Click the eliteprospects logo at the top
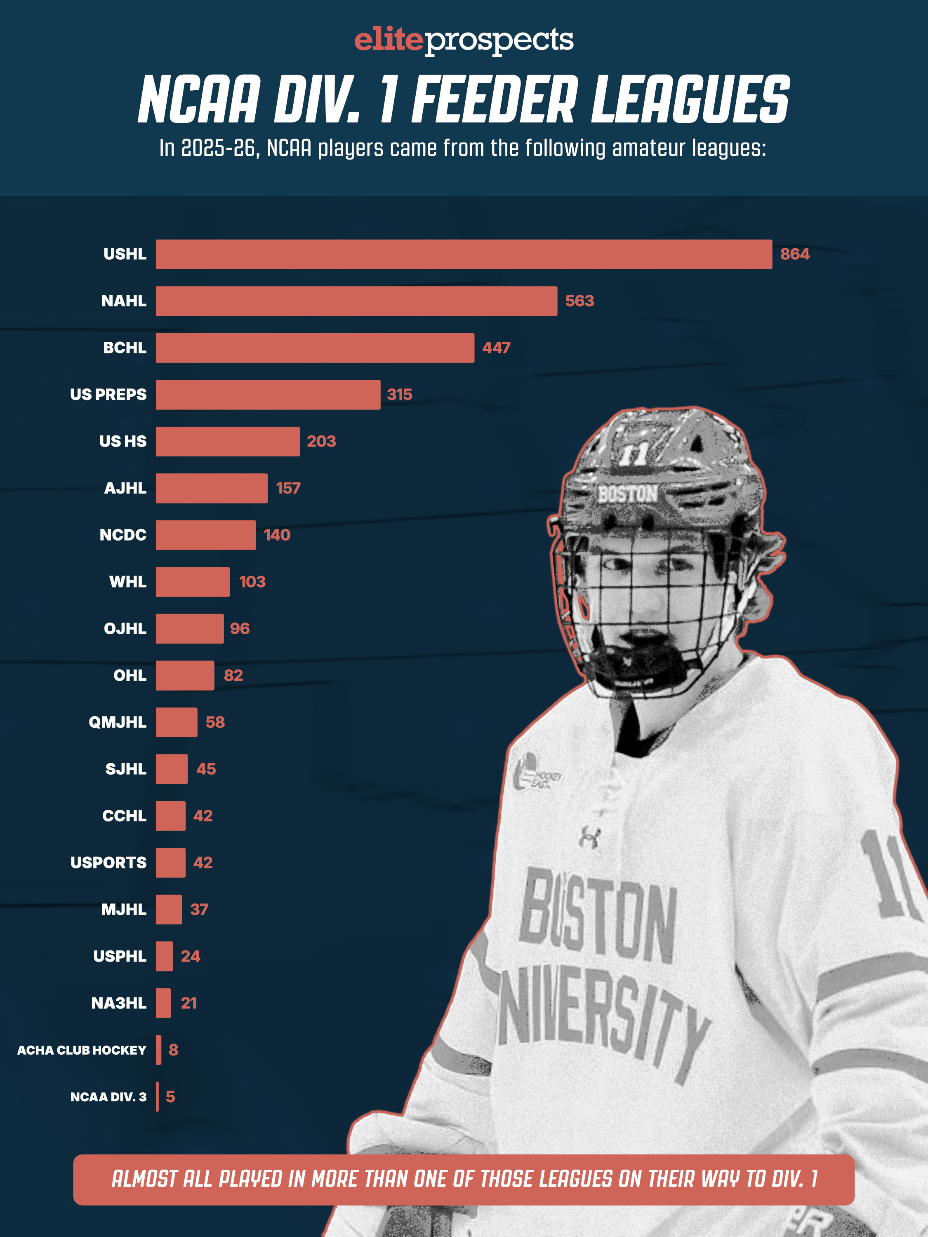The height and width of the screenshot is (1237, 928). click(x=464, y=40)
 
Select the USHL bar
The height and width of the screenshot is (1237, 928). click(x=464, y=254)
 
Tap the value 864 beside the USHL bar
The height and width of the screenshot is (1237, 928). click(x=794, y=254)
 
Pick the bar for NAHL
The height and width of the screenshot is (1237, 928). click(x=356, y=301)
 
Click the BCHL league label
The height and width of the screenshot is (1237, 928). click(x=124, y=348)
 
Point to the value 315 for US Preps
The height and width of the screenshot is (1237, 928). click(x=399, y=395)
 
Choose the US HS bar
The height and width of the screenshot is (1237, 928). click(x=228, y=442)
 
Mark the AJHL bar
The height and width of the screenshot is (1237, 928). click(x=212, y=488)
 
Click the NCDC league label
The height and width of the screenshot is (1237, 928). click(x=122, y=535)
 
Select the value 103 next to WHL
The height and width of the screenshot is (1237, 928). click(x=252, y=582)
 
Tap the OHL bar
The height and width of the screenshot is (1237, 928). click(x=185, y=675)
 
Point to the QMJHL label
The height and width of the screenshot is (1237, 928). click(x=118, y=722)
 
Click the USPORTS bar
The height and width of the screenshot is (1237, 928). click(x=171, y=863)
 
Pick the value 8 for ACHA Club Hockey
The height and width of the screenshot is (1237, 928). click(x=173, y=1050)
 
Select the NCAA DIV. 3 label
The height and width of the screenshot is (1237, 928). click(x=108, y=1097)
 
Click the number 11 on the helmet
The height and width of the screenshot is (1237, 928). click(x=634, y=454)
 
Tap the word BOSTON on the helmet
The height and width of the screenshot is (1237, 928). click(x=628, y=494)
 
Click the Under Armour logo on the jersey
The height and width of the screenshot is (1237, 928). click(x=590, y=837)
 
